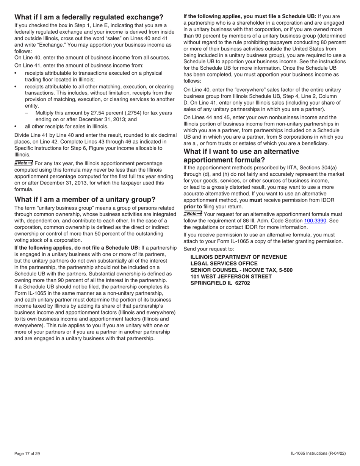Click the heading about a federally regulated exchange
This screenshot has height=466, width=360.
click(x=89, y=17)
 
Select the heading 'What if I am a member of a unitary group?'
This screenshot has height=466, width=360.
click(x=85, y=200)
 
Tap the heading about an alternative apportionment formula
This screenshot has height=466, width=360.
click(x=241, y=156)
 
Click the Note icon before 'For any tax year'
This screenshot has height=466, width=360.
click(x=23, y=163)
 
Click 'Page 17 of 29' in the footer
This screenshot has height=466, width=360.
click(x=27, y=453)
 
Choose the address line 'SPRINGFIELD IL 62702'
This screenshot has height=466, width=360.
click(x=220, y=283)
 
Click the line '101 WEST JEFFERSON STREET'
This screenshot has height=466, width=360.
click(x=231, y=277)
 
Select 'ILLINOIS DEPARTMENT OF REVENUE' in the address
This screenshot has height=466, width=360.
click(x=238, y=257)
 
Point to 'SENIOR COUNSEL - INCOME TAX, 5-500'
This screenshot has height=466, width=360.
click(x=241, y=270)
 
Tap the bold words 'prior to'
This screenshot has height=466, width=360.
click(x=193, y=206)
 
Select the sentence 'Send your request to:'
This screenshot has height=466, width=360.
click(x=208, y=249)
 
